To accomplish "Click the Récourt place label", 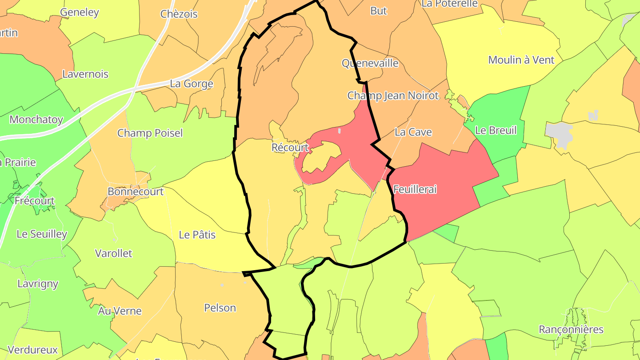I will (290, 148).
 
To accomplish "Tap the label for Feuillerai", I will (415, 189).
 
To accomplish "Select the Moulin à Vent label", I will (521, 60).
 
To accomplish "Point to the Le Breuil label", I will (496, 130).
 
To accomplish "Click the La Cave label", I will (413, 132).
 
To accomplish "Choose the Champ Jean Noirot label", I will (393, 96).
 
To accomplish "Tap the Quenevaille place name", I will (370, 63).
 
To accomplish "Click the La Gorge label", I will (192, 84).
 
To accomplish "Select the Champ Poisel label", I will (150, 133).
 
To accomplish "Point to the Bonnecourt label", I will (136, 192).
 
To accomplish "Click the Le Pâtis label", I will (197, 235).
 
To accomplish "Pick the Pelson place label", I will (220, 308).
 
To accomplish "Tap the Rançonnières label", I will (571, 329).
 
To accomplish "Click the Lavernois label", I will (85, 74).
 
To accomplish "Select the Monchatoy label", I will (36, 120).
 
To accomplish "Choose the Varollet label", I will (113, 253).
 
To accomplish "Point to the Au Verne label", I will (120, 311).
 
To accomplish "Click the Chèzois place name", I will (179, 14).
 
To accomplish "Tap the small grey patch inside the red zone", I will (339, 131).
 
